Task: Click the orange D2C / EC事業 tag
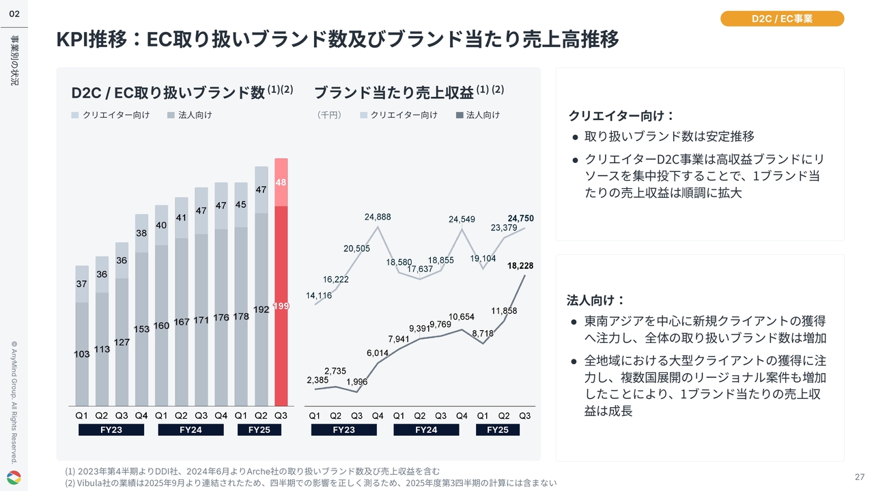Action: pos(782,18)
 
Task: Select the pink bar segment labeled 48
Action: pos(281,182)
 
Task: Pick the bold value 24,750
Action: pos(520,218)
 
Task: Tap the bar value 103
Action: pos(82,354)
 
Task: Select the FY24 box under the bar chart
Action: pos(191,430)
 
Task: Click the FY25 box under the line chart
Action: pos(497,430)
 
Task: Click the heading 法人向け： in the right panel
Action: pos(596,300)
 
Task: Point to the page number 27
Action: pos(859,477)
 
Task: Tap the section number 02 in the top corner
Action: pos(14,14)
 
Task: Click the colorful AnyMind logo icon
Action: pos(14,478)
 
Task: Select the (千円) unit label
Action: pos(329,115)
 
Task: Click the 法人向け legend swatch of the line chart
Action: pos(460,115)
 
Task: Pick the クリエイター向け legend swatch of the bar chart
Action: pos(75,115)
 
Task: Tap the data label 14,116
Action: pos(320,295)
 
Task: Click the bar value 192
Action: pos(261,309)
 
